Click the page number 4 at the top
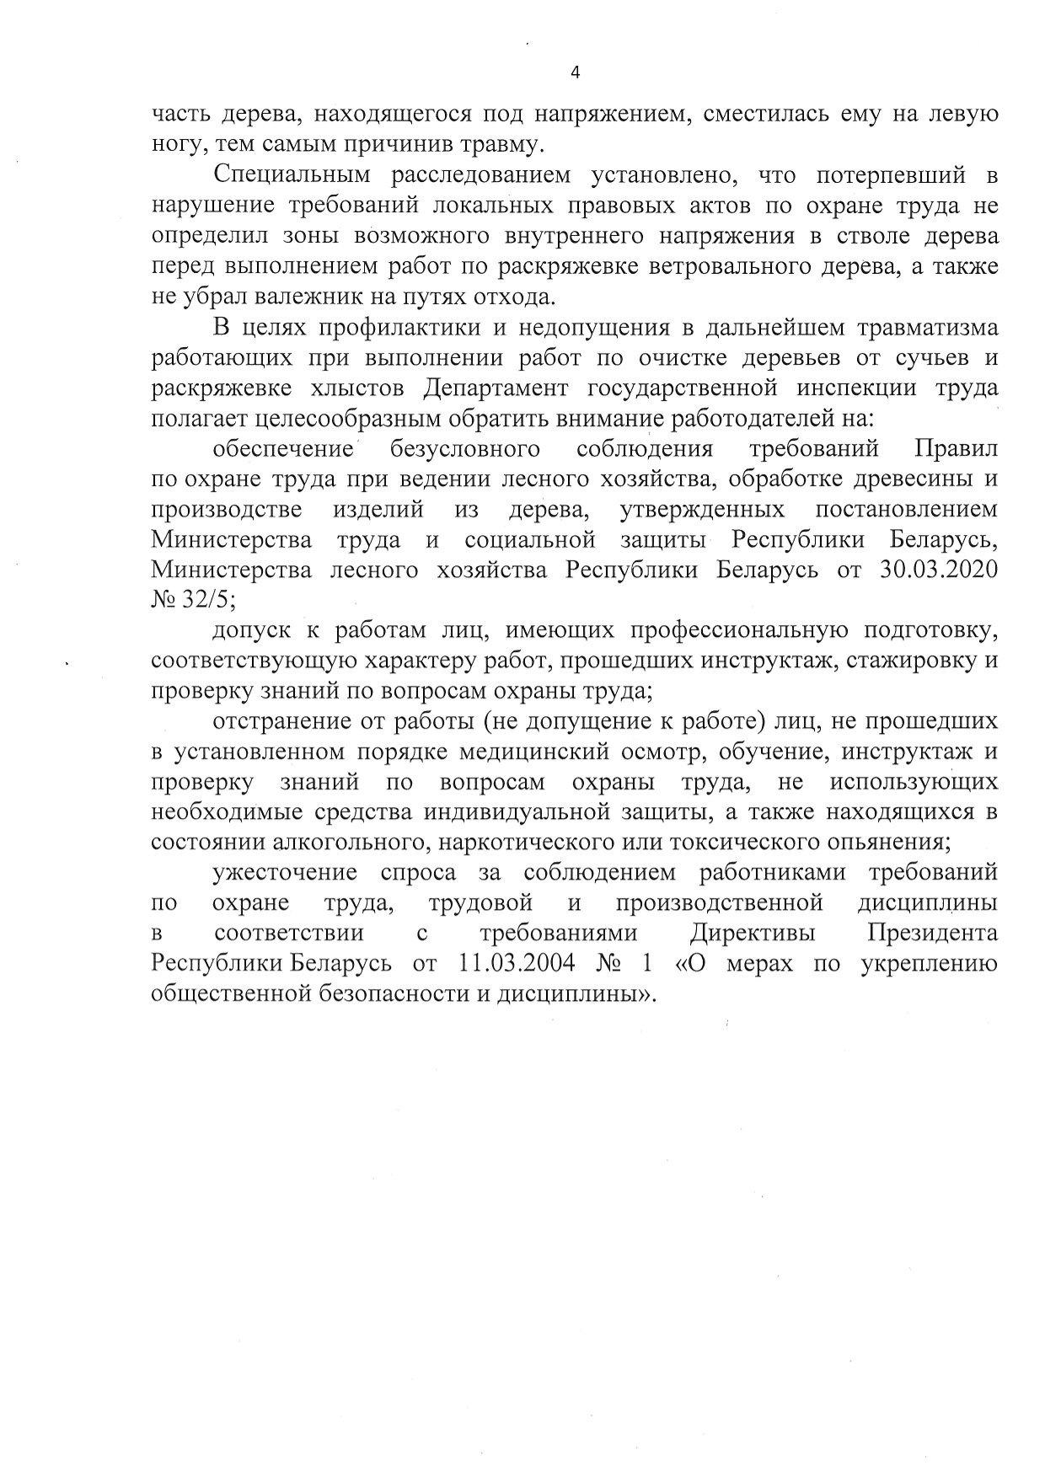pos(576,72)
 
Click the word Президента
pos(933,934)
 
